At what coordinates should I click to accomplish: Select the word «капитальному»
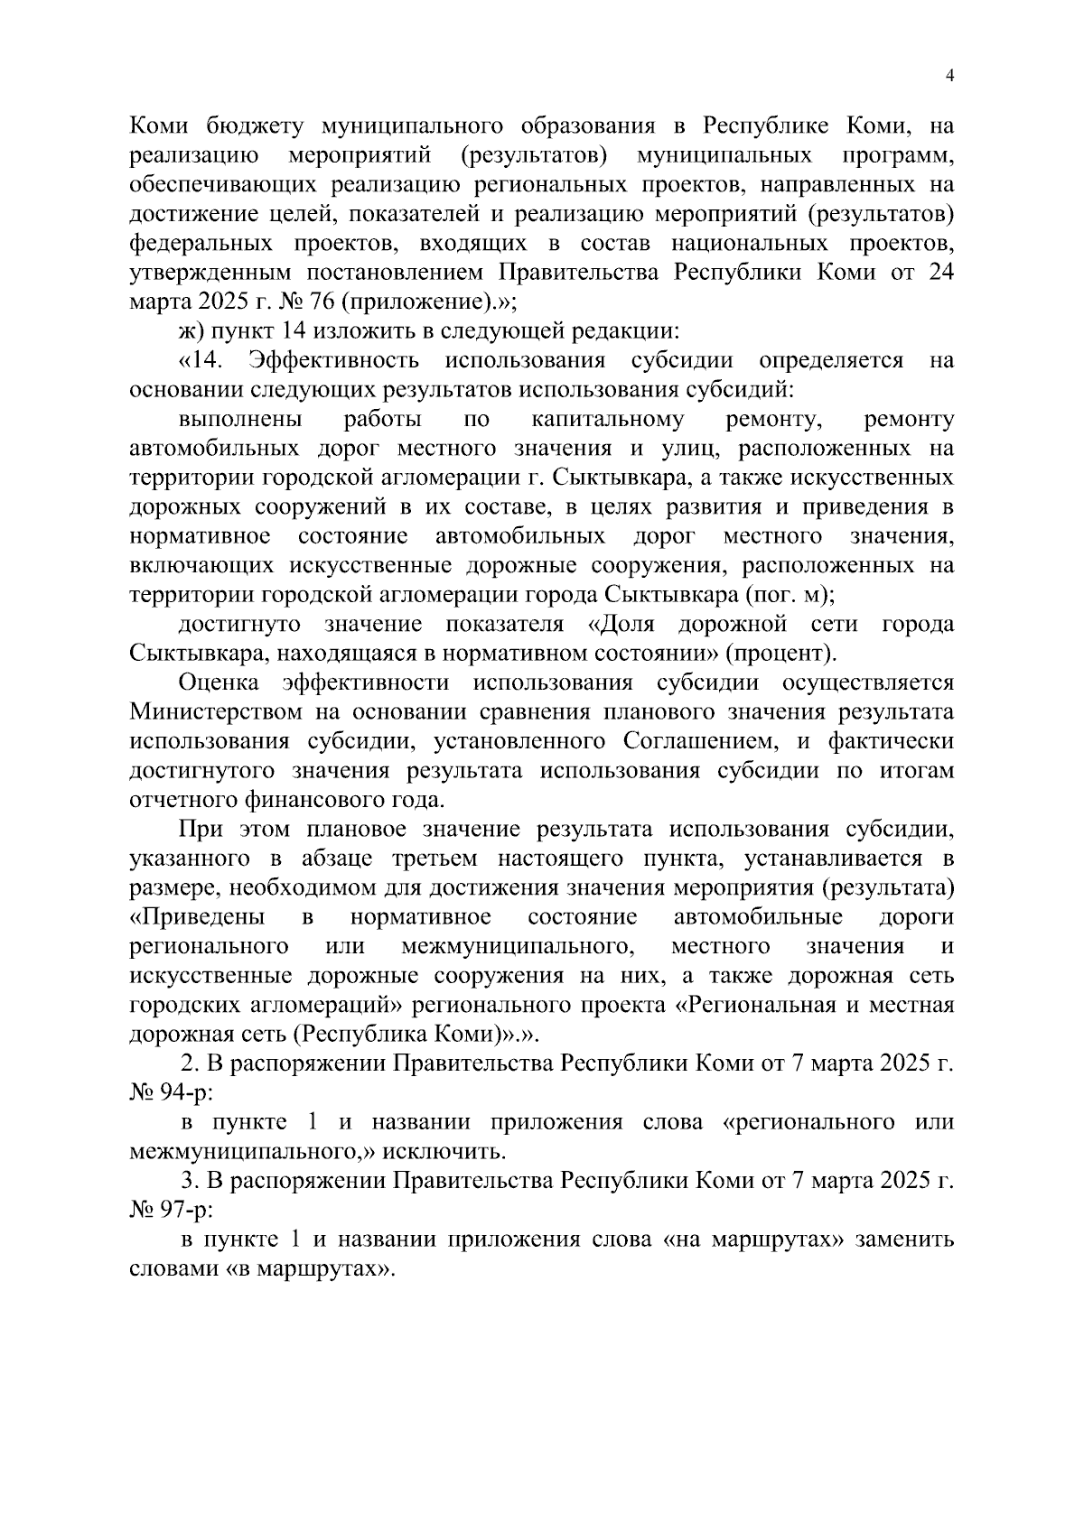(608, 420)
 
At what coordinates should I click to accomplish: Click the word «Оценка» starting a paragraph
(220, 683)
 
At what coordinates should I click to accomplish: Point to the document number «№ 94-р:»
(171, 1093)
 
